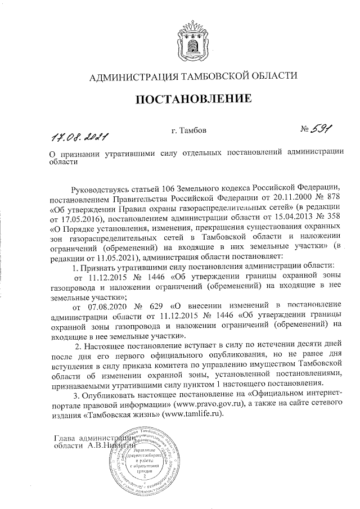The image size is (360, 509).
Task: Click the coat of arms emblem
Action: (190, 39)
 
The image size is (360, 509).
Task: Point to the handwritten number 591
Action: (318, 130)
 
